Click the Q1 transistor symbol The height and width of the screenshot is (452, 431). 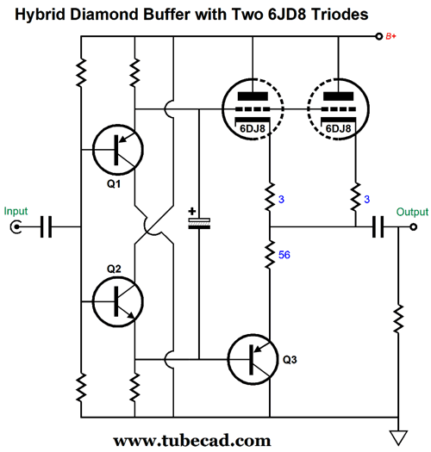click(x=118, y=150)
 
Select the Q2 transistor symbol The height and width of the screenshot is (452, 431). click(x=118, y=301)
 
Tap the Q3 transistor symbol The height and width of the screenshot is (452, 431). click(x=253, y=360)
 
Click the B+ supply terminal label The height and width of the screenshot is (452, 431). click(x=390, y=36)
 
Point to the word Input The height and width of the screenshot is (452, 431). click(x=16, y=211)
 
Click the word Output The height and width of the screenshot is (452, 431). click(x=412, y=212)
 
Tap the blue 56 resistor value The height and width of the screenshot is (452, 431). click(x=284, y=255)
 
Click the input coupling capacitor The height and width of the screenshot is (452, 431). click(x=47, y=226)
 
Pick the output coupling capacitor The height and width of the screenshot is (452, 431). click(x=378, y=227)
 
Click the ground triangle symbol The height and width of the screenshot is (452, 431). click(x=398, y=438)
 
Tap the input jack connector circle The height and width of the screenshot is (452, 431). click(x=16, y=226)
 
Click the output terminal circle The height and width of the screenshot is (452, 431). click(x=414, y=227)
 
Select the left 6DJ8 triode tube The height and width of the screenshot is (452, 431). click(x=253, y=109)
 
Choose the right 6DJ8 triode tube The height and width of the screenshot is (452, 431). click(x=338, y=109)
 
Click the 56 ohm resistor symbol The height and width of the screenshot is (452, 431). click(x=270, y=255)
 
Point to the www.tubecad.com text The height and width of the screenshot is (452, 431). click(x=192, y=441)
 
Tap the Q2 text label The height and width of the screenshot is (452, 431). click(x=114, y=269)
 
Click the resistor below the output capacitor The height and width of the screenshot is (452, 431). click(x=398, y=319)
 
